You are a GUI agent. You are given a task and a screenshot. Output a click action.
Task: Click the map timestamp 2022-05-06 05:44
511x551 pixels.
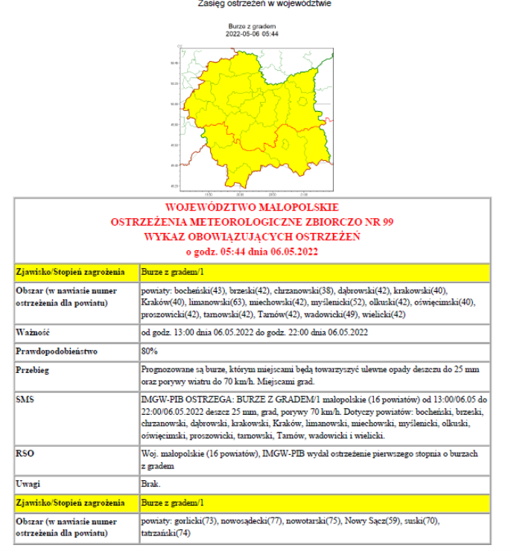[253, 34]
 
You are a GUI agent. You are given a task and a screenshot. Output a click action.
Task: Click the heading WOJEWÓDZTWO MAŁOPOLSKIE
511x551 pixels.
[253, 207]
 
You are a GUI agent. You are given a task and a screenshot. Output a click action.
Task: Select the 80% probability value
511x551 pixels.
[148, 350]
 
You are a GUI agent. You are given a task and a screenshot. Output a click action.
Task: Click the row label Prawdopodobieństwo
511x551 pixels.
[56, 350]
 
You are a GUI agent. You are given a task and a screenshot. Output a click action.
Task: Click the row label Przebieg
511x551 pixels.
[35, 369]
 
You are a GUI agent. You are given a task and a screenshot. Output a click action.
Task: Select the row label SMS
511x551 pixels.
[26, 400]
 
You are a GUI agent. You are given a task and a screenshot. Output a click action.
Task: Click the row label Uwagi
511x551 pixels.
[30, 484]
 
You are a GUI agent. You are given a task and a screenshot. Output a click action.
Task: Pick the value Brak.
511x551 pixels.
[150, 484]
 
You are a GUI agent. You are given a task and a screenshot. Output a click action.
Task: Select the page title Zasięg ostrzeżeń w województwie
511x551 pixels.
[254, 4]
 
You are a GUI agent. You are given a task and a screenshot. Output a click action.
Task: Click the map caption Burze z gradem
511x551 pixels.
[253, 26]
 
